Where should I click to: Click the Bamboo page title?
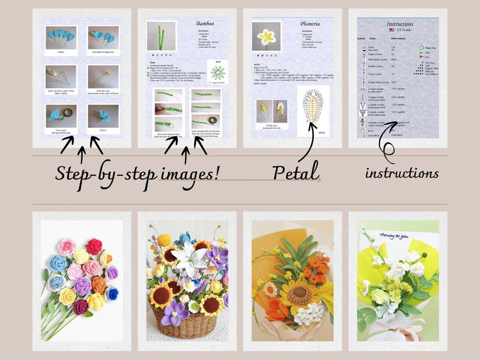pos(205,24)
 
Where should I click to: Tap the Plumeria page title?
pos(310,24)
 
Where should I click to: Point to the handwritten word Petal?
pos(296,172)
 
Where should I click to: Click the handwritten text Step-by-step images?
pos(138,173)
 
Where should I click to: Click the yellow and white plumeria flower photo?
pos(267,37)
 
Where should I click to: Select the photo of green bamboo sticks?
pos(161,37)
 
